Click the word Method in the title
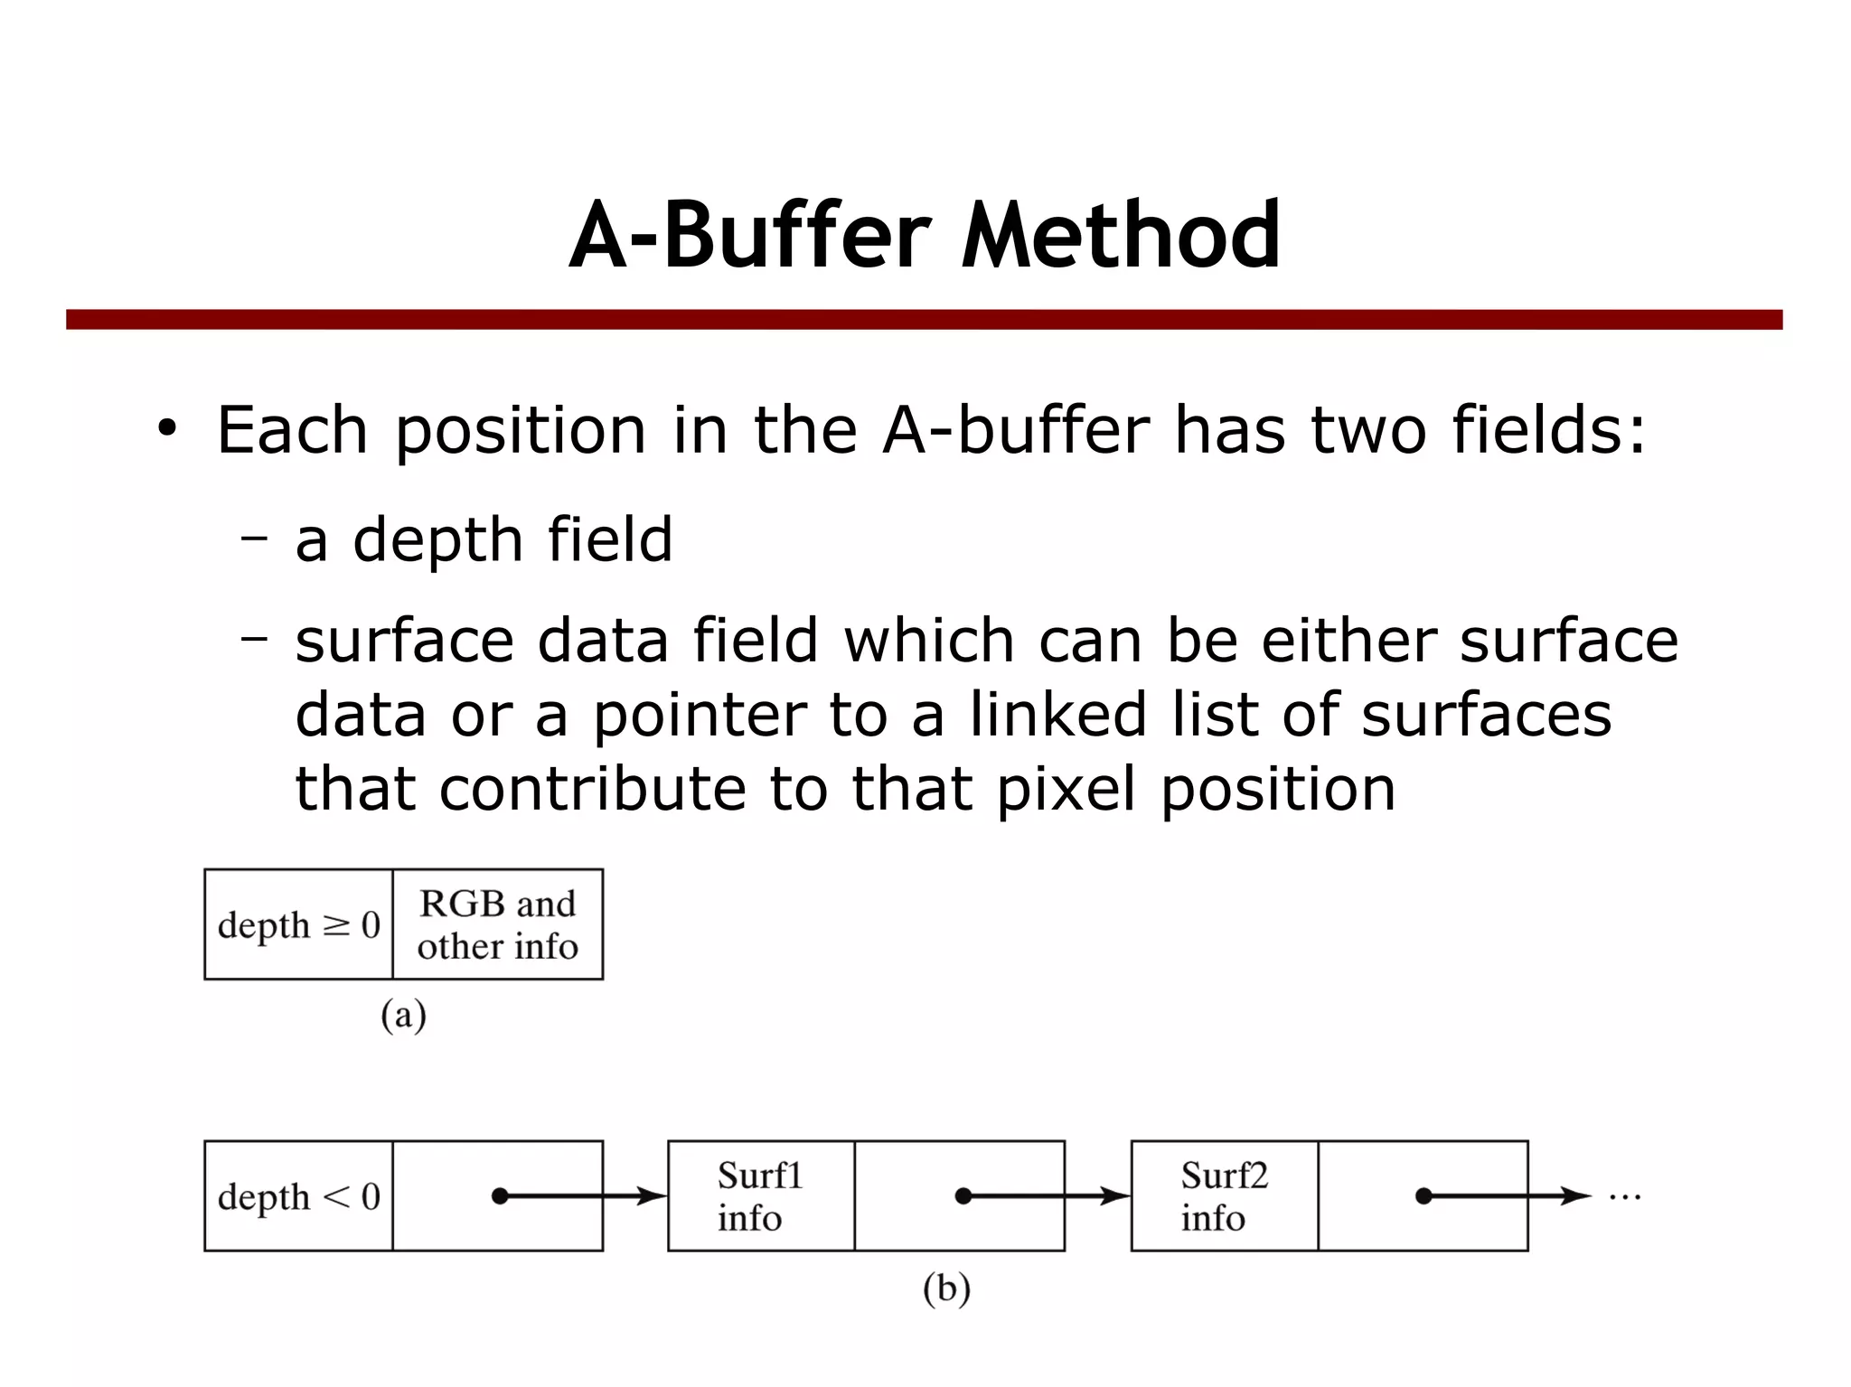(x=1121, y=237)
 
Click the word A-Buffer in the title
(x=749, y=237)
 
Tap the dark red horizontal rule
(x=924, y=320)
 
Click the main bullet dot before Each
(x=167, y=429)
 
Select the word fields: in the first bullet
(x=1548, y=430)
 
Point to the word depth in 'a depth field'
(x=437, y=539)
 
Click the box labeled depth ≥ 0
(x=299, y=924)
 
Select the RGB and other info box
(x=498, y=924)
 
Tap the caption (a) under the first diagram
(x=403, y=1016)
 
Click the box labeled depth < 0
(x=299, y=1196)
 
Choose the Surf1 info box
(x=761, y=1196)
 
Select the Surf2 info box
(x=1225, y=1196)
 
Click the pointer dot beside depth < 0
(x=500, y=1196)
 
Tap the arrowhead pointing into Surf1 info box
(x=653, y=1196)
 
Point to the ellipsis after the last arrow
(x=1624, y=1198)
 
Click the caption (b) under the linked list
(x=946, y=1288)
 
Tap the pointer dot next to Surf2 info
(x=1423, y=1196)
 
